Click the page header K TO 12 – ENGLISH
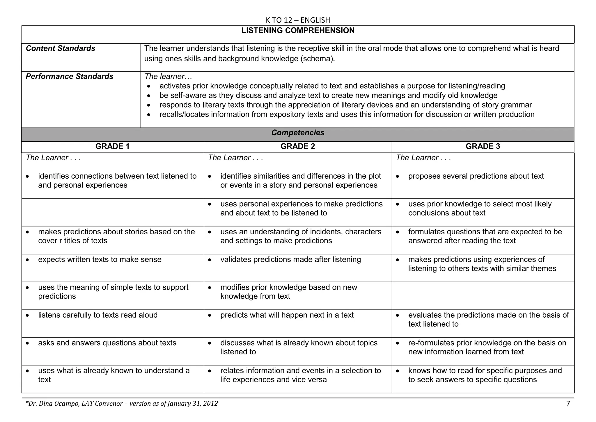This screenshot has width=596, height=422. [298, 20]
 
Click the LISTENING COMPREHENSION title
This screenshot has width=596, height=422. [298, 31]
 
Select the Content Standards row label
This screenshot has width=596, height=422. [61, 48]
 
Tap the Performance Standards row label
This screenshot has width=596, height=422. [70, 77]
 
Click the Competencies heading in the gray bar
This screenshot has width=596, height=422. [298, 133]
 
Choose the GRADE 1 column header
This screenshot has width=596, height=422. [112, 147]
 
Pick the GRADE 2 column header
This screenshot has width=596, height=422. [298, 147]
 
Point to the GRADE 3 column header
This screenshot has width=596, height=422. [483, 147]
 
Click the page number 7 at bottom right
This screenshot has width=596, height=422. [568, 404]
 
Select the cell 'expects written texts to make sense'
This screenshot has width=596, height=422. [100, 260]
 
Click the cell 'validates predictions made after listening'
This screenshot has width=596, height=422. [290, 260]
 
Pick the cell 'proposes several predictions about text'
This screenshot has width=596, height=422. [476, 176]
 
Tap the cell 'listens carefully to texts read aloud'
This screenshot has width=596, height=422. [98, 315]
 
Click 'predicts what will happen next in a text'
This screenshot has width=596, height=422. [287, 315]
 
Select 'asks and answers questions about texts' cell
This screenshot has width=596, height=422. [107, 343]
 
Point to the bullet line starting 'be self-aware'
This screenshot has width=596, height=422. [328, 96]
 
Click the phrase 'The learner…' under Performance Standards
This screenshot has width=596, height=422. [168, 77]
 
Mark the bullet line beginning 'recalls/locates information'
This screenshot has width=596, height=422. [347, 115]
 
